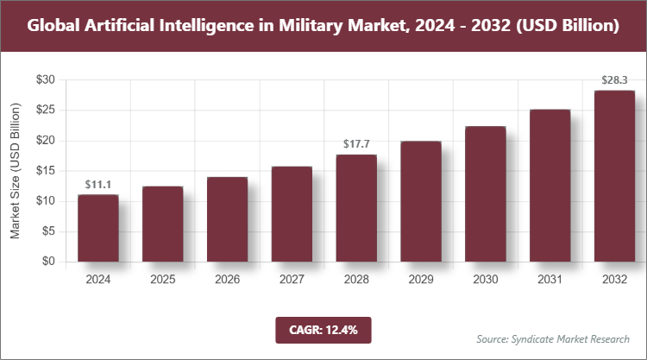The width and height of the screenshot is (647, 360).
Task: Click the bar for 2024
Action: [x=97, y=228]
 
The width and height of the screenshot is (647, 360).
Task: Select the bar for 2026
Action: [x=227, y=219]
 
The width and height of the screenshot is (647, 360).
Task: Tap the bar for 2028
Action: [x=356, y=208]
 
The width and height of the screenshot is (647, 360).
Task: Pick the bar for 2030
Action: [x=486, y=193]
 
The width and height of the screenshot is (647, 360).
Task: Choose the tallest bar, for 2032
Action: [x=614, y=176]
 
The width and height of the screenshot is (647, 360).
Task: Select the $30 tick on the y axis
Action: [x=45, y=80]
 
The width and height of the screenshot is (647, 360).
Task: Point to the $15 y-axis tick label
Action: [x=45, y=171]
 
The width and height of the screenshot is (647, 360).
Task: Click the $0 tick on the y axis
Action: [x=48, y=262]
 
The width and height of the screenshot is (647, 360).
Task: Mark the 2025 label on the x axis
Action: [x=162, y=280]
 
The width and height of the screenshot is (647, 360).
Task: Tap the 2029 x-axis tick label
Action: [x=421, y=280]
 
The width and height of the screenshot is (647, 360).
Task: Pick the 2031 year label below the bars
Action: [x=550, y=280]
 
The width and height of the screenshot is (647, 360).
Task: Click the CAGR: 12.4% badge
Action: [x=323, y=329]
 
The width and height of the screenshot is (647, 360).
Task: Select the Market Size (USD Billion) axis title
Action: [x=15, y=171]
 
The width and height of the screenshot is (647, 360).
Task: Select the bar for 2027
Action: [x=292, y=214]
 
